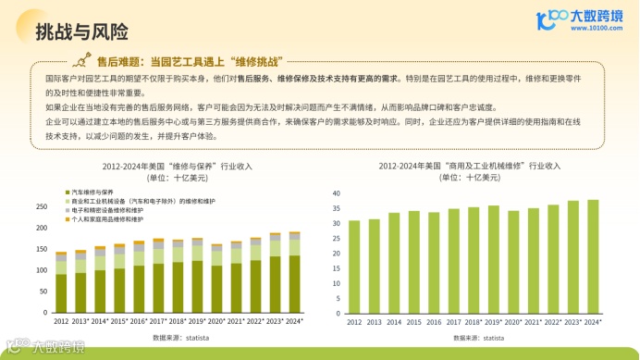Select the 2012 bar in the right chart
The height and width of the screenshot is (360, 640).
[x=354, y=267]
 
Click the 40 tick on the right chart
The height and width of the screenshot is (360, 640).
[x=337, y=193]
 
